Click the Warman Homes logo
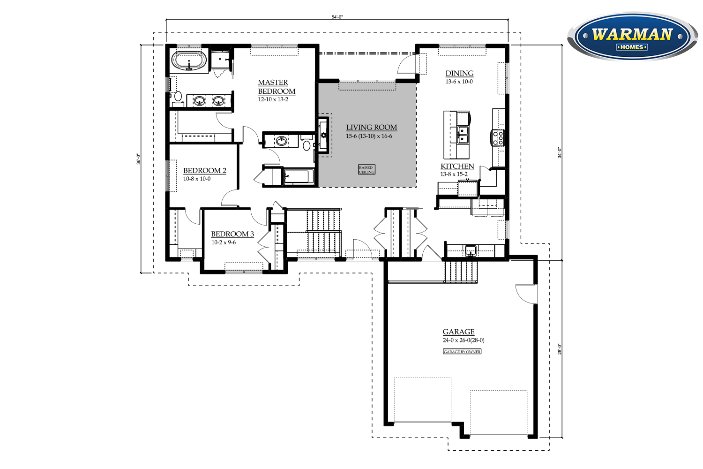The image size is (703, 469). coord(632,37)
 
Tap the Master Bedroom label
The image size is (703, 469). coord(276,87)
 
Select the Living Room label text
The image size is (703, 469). coord(371,127)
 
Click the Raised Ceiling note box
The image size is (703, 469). coord(366,170)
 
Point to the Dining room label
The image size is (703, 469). coord(459,73)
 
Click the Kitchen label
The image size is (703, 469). coord(457,166)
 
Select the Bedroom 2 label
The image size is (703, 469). coord(204,170)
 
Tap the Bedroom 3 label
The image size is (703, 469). coord(232,234)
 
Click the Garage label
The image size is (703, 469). coord(458,332)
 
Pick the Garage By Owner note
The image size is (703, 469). coord(462,351)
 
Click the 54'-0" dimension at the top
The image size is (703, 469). coord(337,17)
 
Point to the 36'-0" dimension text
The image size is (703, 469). coord(138,159)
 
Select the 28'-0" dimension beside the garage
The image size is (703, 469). coord(560,349)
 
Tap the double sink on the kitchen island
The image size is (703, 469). coord(463,135)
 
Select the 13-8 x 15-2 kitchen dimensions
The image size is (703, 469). coord(453,174)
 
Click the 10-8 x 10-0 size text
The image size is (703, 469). coord(197,179)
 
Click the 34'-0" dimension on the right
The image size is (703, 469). coord(560,152)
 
